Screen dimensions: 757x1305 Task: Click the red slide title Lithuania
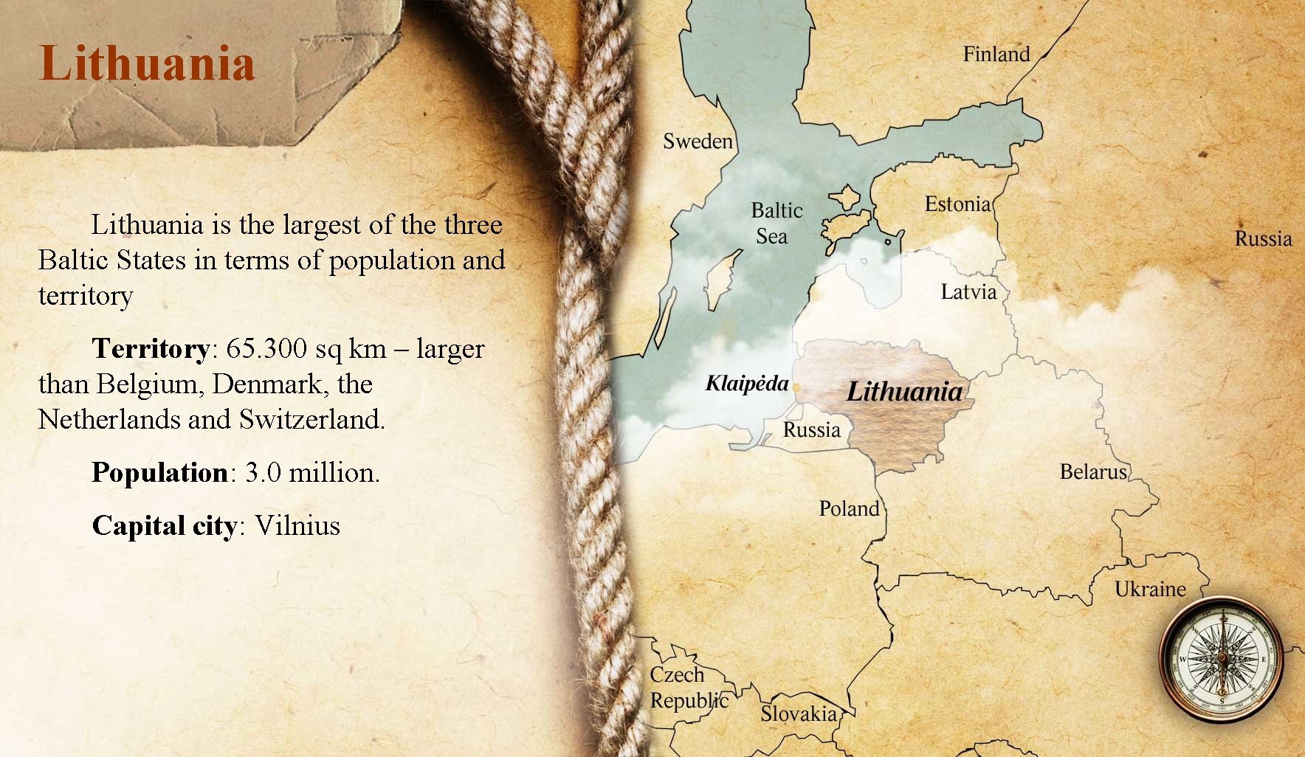coord(147,63)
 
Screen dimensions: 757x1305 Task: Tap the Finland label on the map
coord(996,55)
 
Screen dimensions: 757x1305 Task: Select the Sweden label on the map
coord(698,141)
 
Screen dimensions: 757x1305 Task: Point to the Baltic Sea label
coord(776,224)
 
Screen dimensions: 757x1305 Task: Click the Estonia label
coord(957,204)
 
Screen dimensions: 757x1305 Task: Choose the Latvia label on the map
coord(968,292)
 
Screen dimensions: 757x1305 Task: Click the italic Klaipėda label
coord(746,384)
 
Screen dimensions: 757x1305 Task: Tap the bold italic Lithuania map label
coord(904,391)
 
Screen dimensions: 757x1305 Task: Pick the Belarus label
coord(1093,471)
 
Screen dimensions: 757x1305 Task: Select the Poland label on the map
coord(849,508)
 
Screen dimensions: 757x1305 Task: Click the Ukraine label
coord(1150,589)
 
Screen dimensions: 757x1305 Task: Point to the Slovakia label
coord(799,713)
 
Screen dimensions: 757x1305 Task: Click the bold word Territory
coord(151,348)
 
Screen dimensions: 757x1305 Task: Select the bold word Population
coord(159,472)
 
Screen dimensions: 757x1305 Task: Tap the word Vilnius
coord(297,525)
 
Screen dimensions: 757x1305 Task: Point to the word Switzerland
coord(311,419)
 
